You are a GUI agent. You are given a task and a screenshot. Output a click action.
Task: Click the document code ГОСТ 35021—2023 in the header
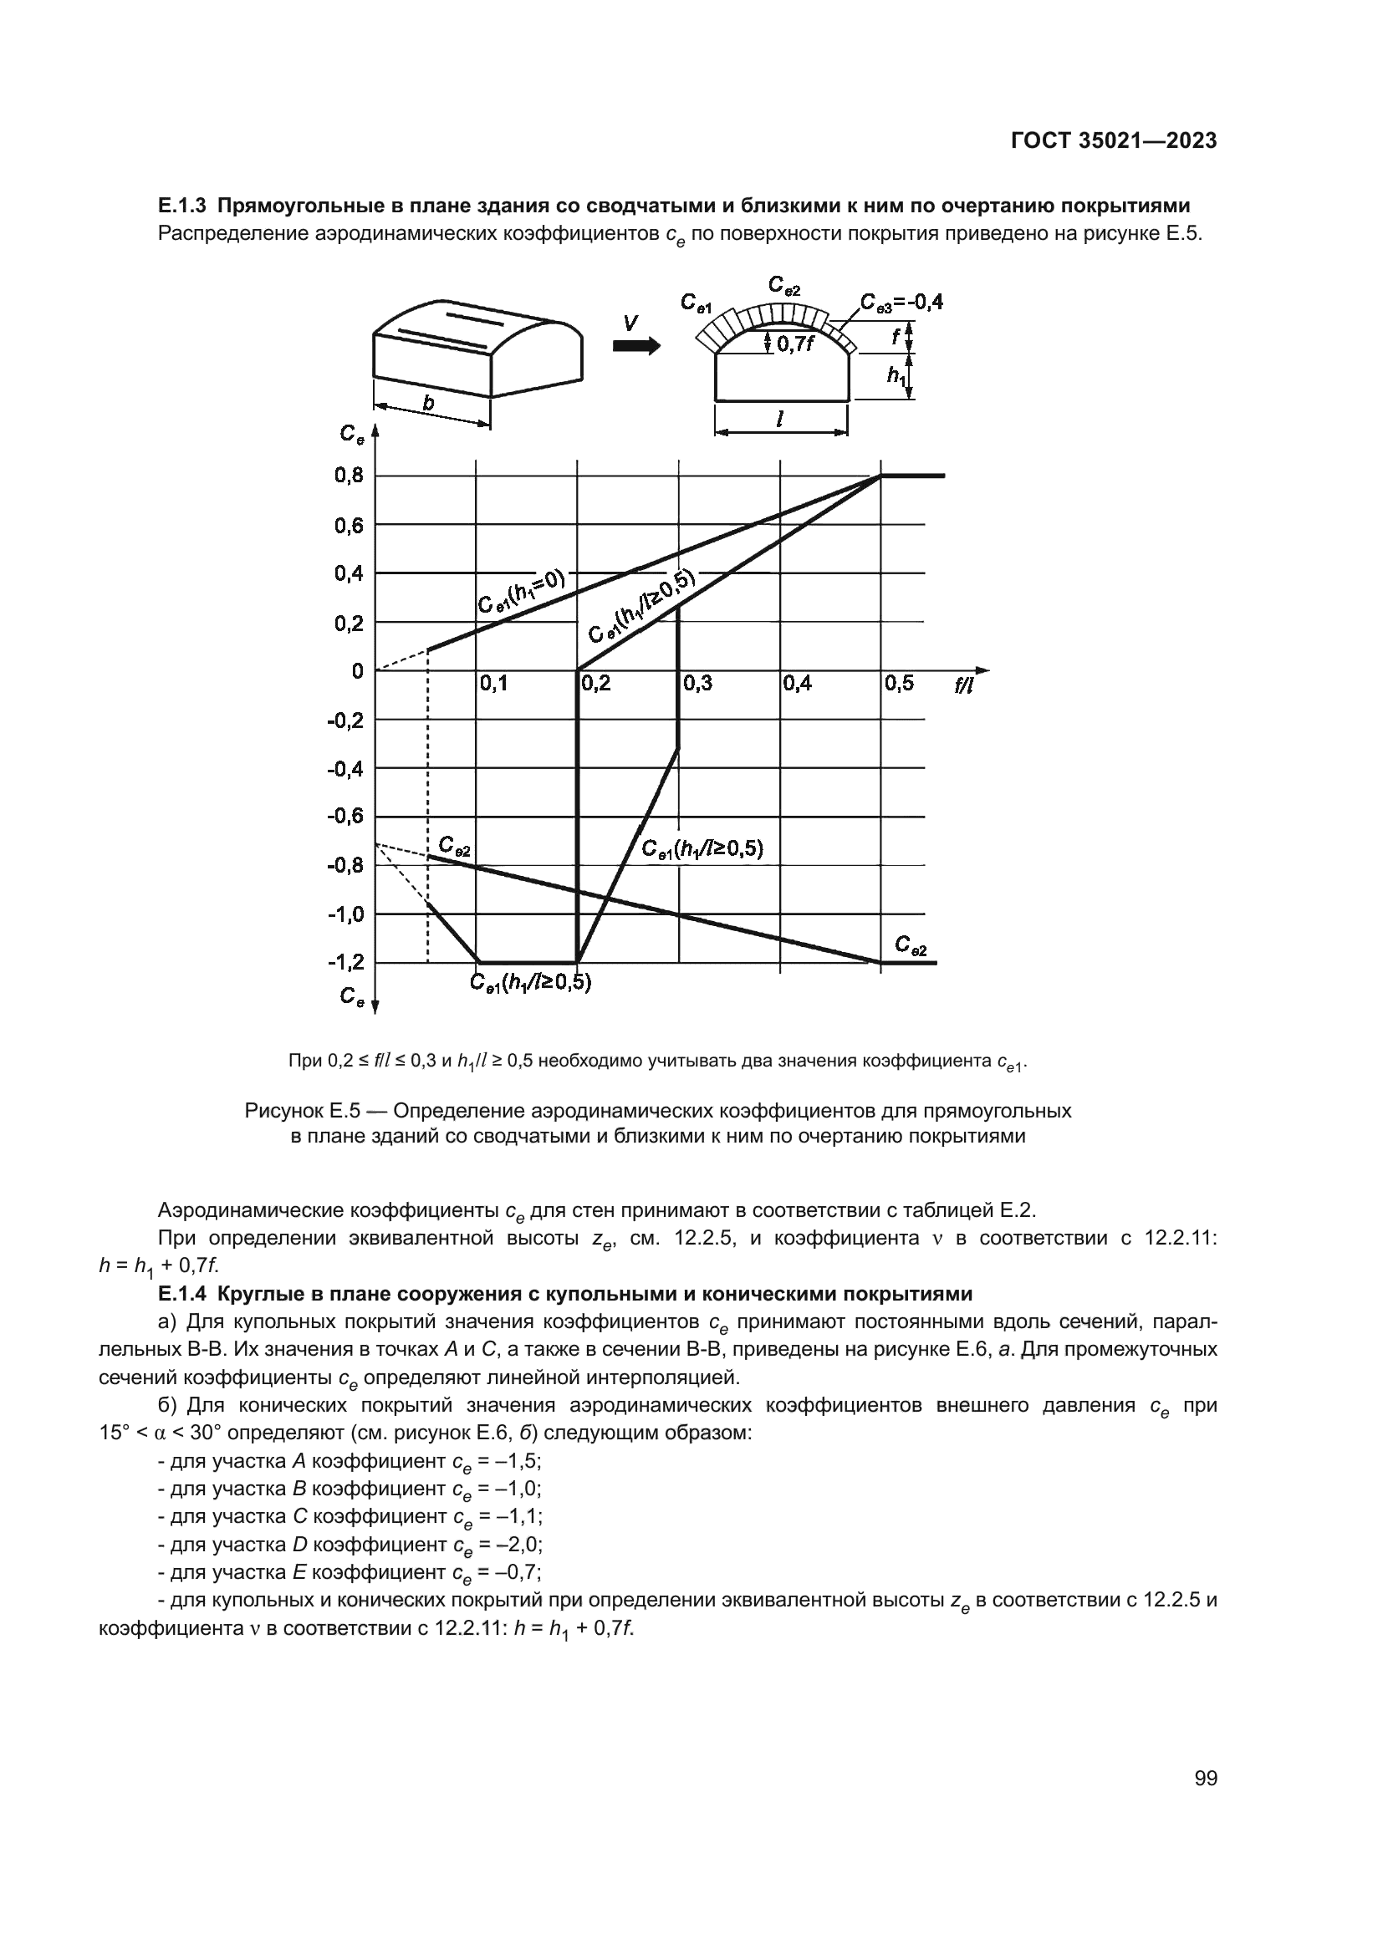(x=1113, y=141)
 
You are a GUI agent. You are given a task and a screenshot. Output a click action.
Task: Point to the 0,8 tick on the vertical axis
(x=349, y=476)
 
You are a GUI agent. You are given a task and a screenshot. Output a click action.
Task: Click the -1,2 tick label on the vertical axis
(x=346, y=962)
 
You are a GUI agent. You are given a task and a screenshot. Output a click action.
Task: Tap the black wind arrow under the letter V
(x=636, y=346)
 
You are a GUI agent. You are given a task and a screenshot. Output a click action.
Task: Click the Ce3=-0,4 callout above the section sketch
(x=901, y=303)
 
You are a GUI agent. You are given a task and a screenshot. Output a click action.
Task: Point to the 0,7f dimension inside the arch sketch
(x=795, y=345)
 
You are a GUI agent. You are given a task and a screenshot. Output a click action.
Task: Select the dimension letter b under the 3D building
(x=429, y=404)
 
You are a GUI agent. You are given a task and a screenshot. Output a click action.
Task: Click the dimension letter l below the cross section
(x=781, y=418)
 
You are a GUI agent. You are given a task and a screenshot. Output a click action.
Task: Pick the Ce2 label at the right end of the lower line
(x=911, y=945)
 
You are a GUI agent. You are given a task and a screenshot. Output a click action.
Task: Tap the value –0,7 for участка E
(x=517, y=1572)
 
